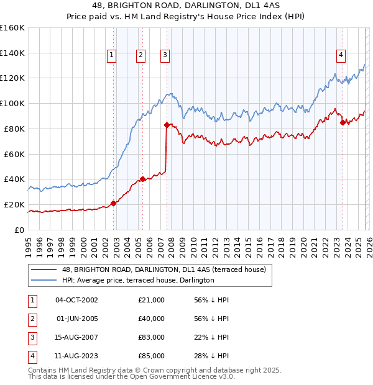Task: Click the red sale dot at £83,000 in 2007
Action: (167, 125)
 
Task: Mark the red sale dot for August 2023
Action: (343, 122)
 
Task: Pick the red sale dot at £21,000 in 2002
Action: (113, 203)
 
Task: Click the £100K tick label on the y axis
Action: (12, 103)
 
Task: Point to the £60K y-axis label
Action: (14, 154)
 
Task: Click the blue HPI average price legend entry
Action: (137, 280)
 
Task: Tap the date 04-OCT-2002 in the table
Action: (76, 300)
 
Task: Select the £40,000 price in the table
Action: (152, 319)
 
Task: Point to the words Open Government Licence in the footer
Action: (180, 376)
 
